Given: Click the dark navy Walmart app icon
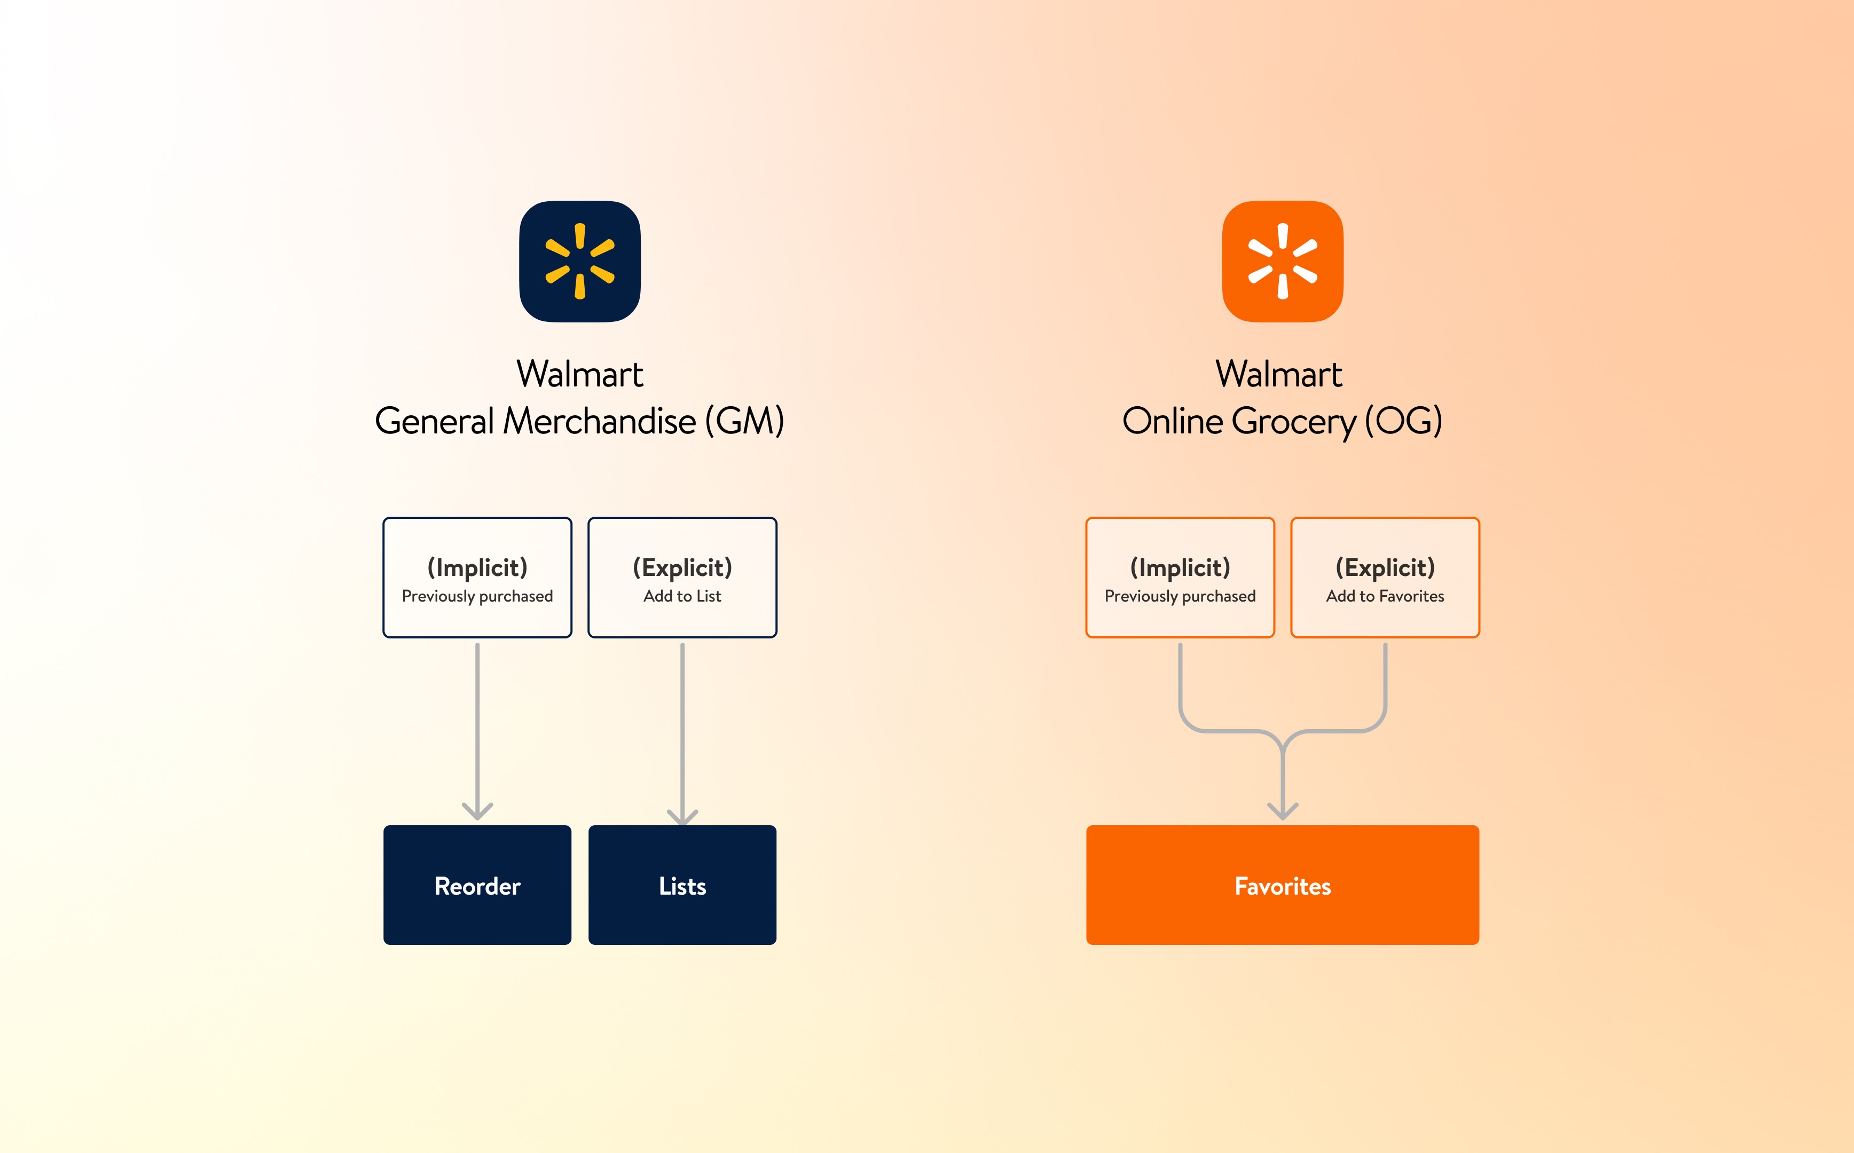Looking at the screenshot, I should coord(579,261).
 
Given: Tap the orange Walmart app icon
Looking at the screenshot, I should coord(1282,261).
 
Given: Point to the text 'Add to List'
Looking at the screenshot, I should coord(682,596).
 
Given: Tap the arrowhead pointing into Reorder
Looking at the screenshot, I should coord(477,811).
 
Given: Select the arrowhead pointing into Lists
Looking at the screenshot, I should coord(682,817).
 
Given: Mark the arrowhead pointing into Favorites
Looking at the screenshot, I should coord(1282,811).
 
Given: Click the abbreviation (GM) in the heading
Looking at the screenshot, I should coord(744,421).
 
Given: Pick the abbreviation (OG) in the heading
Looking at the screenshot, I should coord(1403,421).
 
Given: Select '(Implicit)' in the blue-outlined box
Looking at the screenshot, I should coord(477,567).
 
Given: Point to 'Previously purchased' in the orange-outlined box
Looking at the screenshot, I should coord(1180,596).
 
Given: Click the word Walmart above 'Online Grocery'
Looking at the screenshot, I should coord(1278,374).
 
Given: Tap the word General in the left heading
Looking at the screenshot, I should coord(434,421).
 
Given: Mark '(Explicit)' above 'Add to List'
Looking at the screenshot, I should coord(682,567).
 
